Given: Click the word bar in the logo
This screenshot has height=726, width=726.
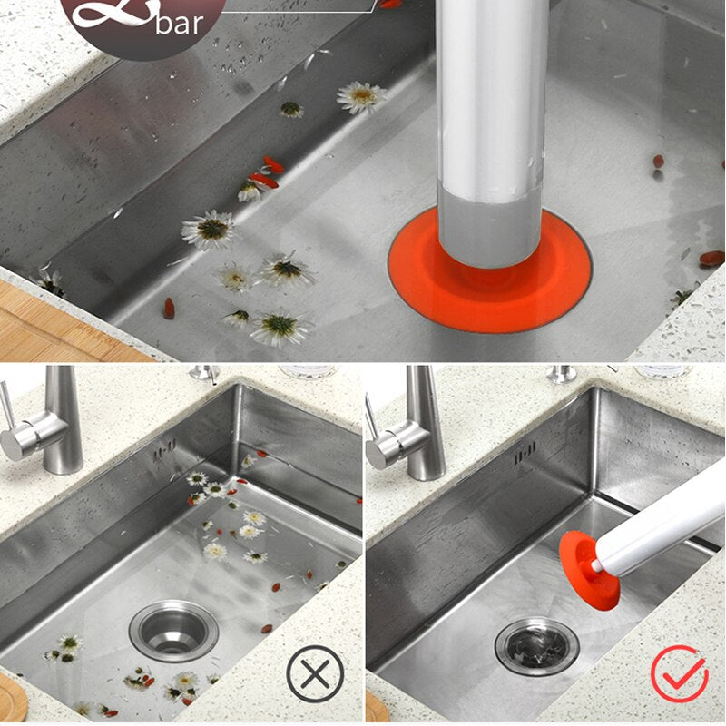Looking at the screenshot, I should pyautogui.click(x=180, y=23).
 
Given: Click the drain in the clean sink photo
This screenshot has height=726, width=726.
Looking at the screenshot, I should pyautogui.click(x=536, y=645).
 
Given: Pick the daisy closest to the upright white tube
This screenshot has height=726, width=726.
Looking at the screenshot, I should pyautogui.click(x=361, y=97).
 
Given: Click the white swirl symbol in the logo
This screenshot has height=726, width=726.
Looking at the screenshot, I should pyautogui.click(x=113, y=14).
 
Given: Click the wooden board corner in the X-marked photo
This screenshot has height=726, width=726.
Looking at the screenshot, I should pyautogui.click(x=11, y=685).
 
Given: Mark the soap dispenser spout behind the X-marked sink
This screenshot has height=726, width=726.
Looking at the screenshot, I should pyautogui.click(x=204, y=373).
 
